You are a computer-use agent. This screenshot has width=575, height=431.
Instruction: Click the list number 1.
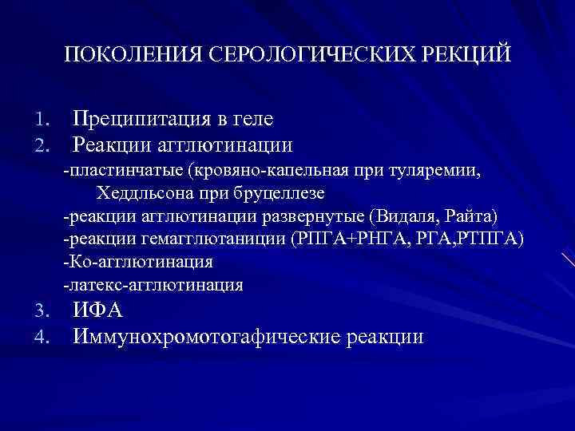pos(44,120)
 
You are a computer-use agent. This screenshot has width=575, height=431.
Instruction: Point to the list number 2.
pos(44,145)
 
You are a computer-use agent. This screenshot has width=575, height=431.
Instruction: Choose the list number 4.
pos(44,337)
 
